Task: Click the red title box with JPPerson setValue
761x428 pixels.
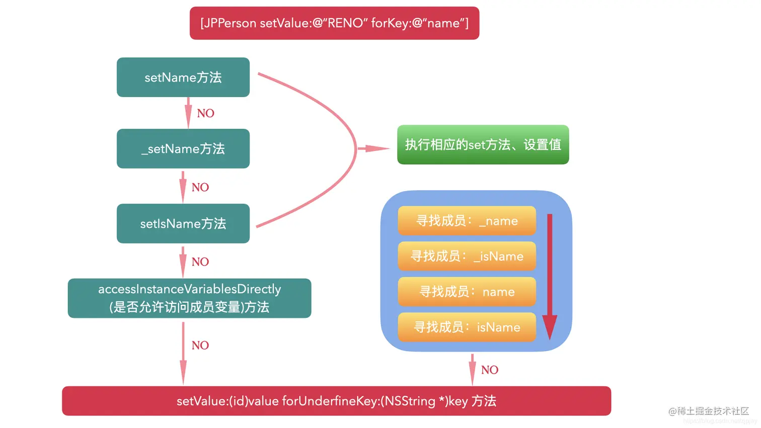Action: click(334, 23)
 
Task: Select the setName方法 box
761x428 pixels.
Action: click(183, 77)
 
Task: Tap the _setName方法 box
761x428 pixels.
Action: click(183, 149)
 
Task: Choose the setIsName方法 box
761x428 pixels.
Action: click(183, 224)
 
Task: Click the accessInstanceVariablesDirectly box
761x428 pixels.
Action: click(189, 298)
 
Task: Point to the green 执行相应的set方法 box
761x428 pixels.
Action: click(483, 145)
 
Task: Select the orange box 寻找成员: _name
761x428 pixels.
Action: click(467, 221)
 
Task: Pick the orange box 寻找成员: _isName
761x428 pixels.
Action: click(467, 256)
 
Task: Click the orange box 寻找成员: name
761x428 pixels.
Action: click(467, 292)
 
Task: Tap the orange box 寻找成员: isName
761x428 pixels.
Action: click(467, 327)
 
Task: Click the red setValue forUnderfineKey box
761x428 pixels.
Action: click(336, 401)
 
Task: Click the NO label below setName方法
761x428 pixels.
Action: click(205, 113)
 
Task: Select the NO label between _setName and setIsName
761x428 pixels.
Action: click(200, 187)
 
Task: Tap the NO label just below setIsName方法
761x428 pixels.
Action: click(200, 262)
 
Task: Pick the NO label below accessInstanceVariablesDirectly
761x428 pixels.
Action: click(200, 345)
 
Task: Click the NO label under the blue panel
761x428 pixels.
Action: click(489, 370)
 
